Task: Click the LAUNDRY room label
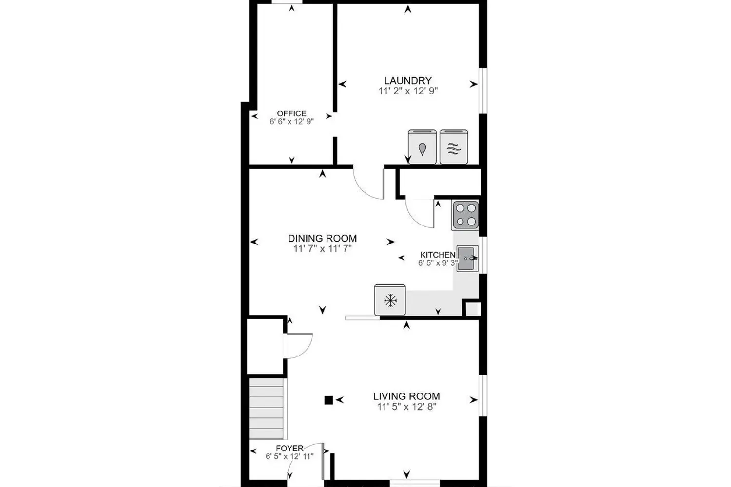(407, 80)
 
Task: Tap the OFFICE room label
(292, 113)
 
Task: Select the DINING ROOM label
(322, 239)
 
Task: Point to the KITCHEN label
(438, 255)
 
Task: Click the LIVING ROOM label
(406, 396)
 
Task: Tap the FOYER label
(289, 448)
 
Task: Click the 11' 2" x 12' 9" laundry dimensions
(408, 91)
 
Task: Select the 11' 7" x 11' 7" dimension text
(323, 249)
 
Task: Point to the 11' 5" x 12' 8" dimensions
(407, 407)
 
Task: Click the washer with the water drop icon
(423, 147)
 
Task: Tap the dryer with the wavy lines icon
(454, 147)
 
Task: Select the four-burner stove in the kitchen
(465, 215)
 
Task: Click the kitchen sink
(467, 259)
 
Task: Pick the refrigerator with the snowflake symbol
(390, 300)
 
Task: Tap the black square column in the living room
(328, 400)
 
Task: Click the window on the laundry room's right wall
(483, 91)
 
